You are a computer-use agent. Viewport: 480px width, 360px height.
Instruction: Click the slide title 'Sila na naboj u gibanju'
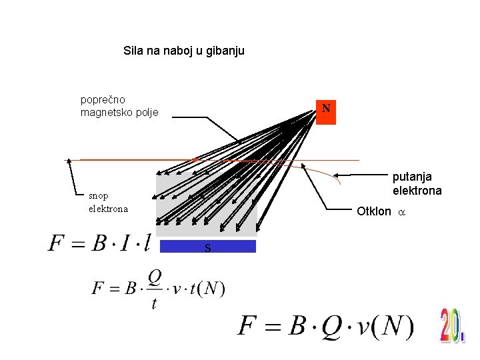tap(184, 50)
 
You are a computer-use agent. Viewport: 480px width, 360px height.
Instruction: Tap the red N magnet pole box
tap(326, 108)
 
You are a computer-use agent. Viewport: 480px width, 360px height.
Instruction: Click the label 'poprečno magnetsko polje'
tap(119, 106)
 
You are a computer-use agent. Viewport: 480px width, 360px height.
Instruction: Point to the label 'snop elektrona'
tap(107, 202)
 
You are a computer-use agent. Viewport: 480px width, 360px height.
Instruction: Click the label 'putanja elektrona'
tap(417, 183)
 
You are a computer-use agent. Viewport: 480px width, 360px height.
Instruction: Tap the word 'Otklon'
tap(373, 211)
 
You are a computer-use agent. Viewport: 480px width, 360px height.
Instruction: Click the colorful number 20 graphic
tap(452, 325)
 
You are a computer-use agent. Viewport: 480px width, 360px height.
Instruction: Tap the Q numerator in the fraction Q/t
tap(154, 276)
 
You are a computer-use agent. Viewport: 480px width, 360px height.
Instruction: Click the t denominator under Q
tap(154, 303)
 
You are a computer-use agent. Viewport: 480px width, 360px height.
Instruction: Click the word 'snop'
tap(99, 195)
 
